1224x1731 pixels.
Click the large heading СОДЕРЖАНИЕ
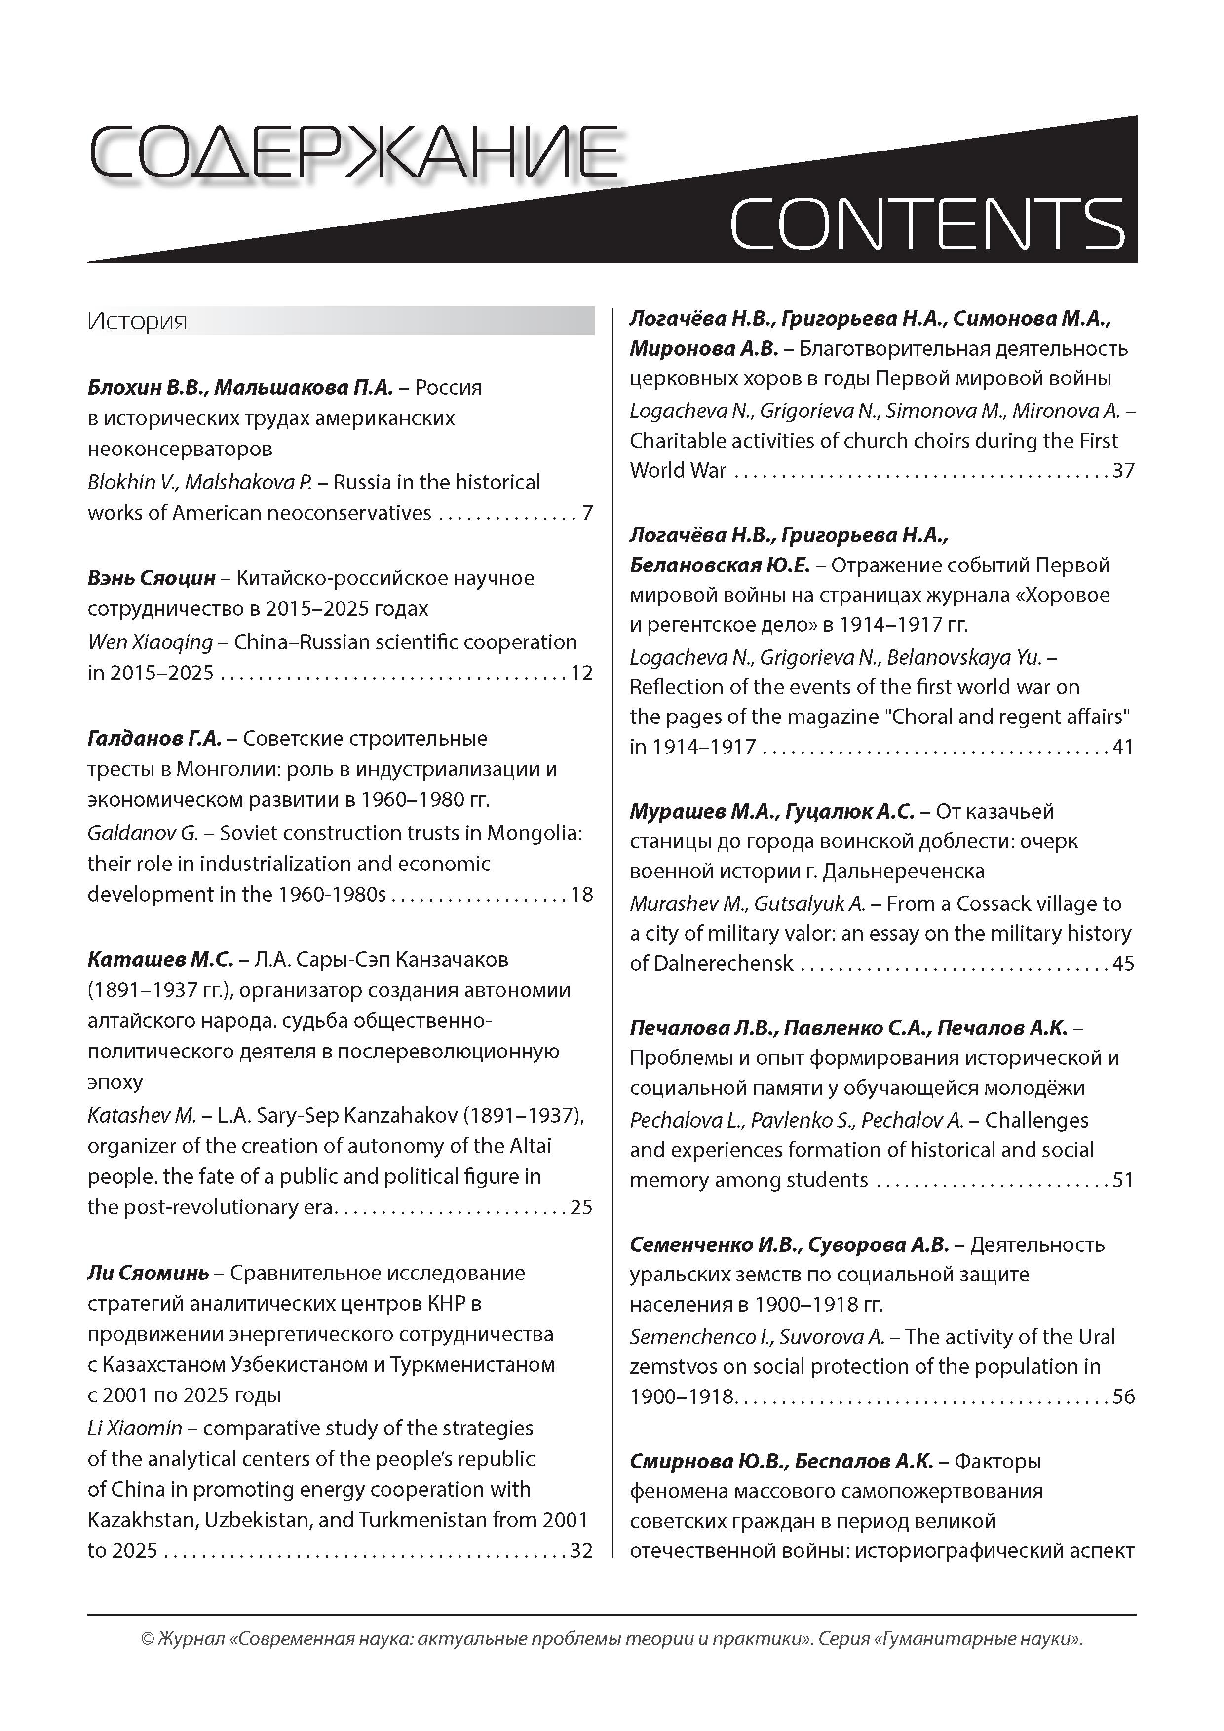click(x=354, y=153)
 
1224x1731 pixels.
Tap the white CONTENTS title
click(x=927, y=224)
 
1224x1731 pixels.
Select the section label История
click(x=137, y=321)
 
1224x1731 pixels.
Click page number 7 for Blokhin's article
click(x=587, y=513)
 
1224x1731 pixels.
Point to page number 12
click(x=581, y=673)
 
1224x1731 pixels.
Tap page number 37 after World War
click(x=1123, y=470)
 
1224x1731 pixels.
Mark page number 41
click(x=1123, y=747)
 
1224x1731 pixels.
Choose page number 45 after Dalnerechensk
click(x=1123, y=964)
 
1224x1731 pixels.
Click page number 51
click(x=1123, y=1180)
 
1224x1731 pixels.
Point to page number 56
click(x=1123, y=1396)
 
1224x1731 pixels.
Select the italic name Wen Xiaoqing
click(x=150, y=642)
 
